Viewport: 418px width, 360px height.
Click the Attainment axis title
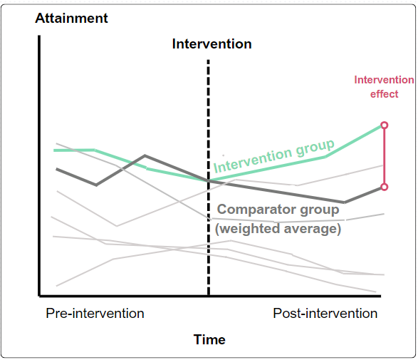pos(71,18)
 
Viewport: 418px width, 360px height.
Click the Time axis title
pos(209,339)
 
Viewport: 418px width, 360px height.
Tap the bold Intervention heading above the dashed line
pos(211,44)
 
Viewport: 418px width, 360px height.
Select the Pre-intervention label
pos(95,314)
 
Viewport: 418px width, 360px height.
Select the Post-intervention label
pos(325,314)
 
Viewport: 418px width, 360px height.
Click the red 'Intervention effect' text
pos(384,87)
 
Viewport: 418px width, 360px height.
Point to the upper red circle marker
pos(385,125)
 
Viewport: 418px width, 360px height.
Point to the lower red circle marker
pos(385,187)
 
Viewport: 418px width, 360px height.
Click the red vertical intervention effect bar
pos(385,157)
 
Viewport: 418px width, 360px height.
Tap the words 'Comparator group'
pos(278,210)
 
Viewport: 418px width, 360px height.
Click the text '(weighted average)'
pos(278,229)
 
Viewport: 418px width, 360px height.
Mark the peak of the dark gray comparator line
pos(145,155)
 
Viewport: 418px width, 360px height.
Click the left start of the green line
pos(55,150)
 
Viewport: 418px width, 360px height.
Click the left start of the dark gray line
pos(57,169)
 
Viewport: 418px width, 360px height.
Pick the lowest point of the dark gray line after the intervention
pos(345,202)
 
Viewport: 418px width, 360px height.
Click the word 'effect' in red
pos(384,94)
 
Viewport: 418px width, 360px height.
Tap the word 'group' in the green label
pos(315,148)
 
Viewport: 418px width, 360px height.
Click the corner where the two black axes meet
pos(39,295)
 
